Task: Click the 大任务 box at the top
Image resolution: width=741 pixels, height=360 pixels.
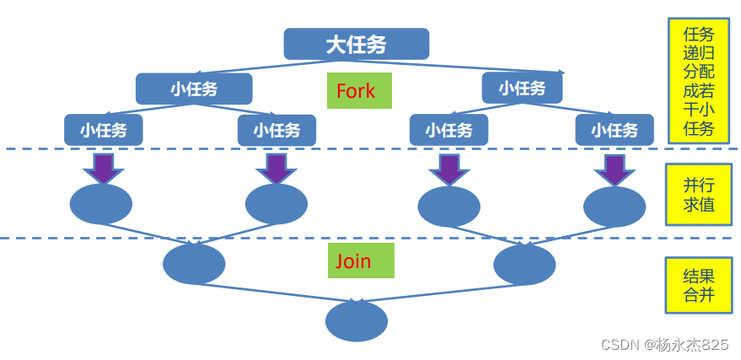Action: [356, 44]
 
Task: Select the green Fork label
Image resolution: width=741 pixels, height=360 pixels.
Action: [356, 91]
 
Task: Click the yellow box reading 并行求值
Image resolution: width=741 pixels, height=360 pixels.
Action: [698, 195]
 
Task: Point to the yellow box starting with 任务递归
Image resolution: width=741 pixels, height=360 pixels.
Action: [698, 81]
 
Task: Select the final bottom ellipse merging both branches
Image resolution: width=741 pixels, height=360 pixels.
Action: [357, 321]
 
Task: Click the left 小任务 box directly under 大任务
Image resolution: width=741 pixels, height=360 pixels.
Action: [194, 89]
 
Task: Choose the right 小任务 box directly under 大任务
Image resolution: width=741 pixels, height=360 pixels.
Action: [522, 88]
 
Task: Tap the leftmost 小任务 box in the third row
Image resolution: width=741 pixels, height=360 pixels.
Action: [104, 130]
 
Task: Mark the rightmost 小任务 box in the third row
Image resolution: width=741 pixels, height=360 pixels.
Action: [614, 130]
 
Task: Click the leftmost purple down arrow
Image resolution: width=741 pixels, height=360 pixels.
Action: [103, 168]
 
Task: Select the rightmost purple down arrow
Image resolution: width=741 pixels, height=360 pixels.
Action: [615, 169]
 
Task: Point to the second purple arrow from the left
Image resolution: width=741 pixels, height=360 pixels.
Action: [276, 168]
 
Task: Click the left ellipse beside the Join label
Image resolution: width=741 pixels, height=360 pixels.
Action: [194, 264]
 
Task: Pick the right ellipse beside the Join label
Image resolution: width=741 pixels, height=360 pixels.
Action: [524, 265]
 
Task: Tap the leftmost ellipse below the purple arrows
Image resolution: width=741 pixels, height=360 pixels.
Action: [100, 204]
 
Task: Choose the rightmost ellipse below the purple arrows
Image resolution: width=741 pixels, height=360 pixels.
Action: [615, 207]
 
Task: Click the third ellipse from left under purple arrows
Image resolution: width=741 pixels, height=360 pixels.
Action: [448, 206]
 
